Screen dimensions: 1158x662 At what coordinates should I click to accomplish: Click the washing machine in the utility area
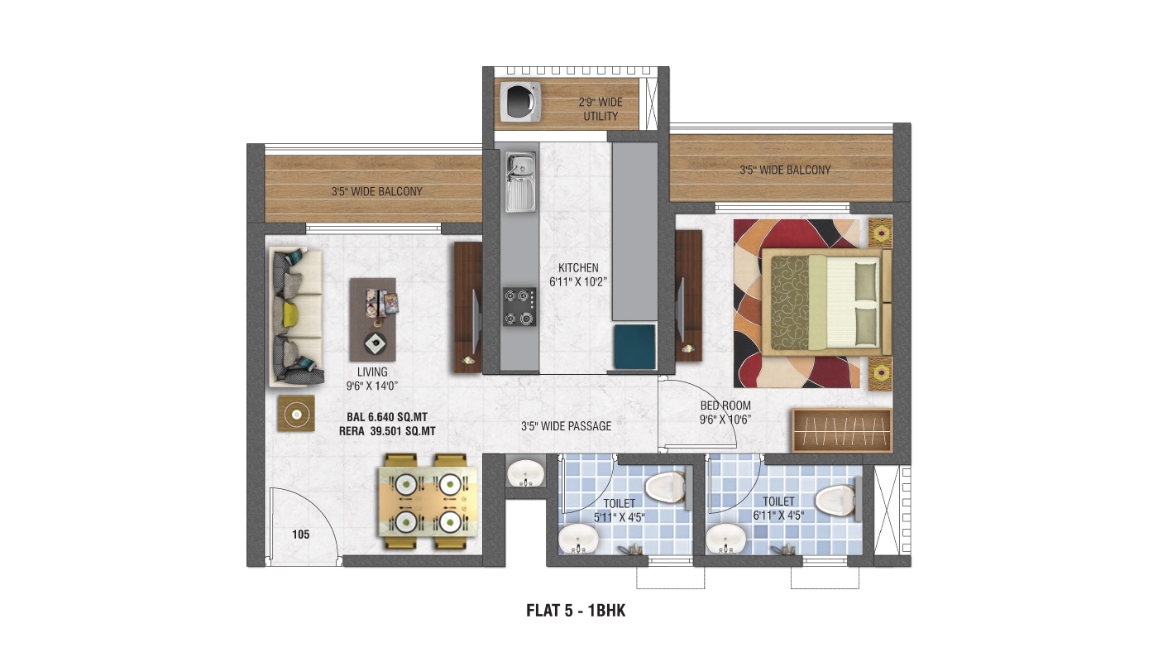click(x=520, y=101)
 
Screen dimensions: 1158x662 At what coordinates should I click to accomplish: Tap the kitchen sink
click(x=520, y=182)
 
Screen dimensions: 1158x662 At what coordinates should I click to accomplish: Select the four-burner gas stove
click(x=519, y=307)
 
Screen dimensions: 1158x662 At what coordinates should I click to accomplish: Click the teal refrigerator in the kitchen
click(x=635, y=347)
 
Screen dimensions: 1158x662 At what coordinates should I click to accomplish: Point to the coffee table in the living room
click(x=373, y=319)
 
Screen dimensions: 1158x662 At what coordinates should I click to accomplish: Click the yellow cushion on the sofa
click(x=290, y=314)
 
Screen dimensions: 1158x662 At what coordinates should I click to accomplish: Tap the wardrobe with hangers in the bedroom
click(x=842, y=430)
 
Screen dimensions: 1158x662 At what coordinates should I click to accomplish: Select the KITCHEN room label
click(x=578, y=268)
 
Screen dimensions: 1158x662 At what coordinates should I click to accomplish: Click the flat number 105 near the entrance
click(x=301, y=535)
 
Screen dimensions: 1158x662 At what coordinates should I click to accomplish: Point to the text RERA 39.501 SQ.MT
click(x=387, y=431)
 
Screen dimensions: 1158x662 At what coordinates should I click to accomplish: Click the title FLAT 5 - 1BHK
click(x=576, y=611)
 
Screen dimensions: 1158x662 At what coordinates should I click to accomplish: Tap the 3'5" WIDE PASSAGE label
click(x=566, y=426)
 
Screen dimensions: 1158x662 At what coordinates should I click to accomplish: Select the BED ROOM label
click(x=725, y=405)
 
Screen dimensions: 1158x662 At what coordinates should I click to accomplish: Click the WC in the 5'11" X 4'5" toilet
click(x=667, y=487)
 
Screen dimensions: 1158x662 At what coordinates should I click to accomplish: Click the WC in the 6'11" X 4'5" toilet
click(x=836, y=500)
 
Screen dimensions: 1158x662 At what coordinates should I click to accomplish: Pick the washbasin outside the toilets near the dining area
click(x=525, y=473)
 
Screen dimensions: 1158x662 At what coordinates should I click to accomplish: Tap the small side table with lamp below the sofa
click(x=296, y=413)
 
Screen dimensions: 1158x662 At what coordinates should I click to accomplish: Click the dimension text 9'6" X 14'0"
click(x=371, y=386)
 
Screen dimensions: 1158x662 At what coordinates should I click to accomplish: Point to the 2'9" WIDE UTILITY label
click(x=601, y=109)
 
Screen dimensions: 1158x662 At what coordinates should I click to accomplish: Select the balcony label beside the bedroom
click(x=785, y=170)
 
